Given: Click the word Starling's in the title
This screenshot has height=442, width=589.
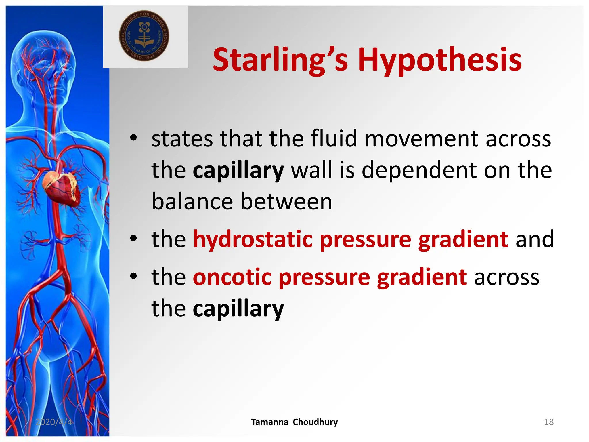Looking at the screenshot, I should coord(280,60).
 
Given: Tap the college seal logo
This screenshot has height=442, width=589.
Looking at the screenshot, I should coord(144,37).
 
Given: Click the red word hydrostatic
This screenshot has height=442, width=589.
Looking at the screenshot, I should coord(253,239).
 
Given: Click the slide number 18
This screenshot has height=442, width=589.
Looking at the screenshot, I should coord(549,422).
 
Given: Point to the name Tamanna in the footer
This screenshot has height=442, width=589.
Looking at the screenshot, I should coord(269,422).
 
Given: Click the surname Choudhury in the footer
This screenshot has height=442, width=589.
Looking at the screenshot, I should coord(315,422).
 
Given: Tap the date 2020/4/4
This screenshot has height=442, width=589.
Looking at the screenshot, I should coord(54,422).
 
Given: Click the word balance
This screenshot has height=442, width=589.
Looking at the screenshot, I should coord(192,201).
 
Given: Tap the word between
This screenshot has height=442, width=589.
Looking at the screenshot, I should coord(286,201).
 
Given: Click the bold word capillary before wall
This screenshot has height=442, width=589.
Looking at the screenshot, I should coord(238,171).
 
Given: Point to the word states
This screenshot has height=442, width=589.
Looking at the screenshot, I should coord(182,139).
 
